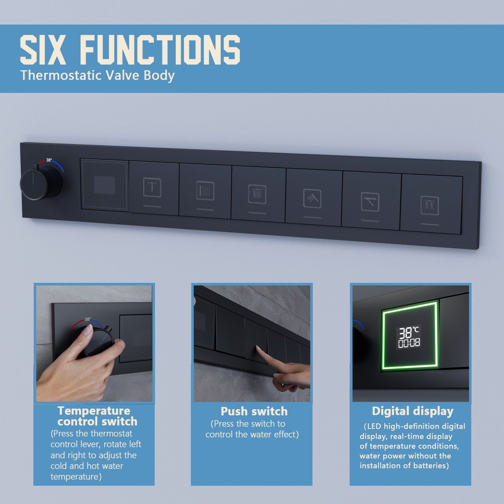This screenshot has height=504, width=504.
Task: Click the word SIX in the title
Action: tap(43, 50)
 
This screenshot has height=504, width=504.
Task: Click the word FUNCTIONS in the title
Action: tap(160, 50)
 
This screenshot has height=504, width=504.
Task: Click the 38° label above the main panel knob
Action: tap(49, 160)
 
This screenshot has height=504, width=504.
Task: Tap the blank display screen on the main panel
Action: tap(105, 185)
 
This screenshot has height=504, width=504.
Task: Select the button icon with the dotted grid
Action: tap(205, 191)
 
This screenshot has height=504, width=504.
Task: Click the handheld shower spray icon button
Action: tap(312, 199)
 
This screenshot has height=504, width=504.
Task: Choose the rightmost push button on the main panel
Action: tap(431, 205)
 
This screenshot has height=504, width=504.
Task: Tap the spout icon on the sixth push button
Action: tap(370, 202)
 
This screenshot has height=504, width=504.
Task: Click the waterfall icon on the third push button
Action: tap(257, 194)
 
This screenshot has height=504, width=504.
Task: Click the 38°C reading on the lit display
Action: tap(409, 332)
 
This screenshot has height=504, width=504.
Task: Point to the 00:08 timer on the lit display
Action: tap(409, 343)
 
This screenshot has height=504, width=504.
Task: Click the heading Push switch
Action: tap(254, 411)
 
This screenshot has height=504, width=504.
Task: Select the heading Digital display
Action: tap(413, 411)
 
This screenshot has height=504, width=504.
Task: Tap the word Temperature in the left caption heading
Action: tap(94, 411)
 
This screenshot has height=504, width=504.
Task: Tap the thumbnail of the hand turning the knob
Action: tap(94, 343)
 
